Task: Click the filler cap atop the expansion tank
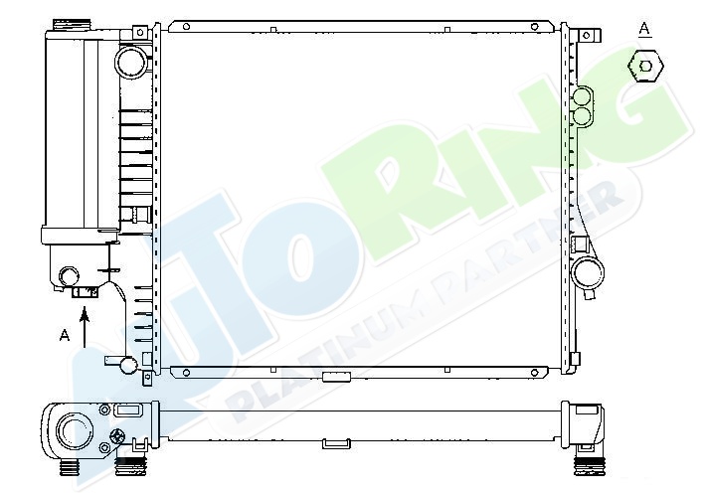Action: [72, 24]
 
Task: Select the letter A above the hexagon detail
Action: [644, 29]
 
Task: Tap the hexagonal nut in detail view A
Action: [645, 67]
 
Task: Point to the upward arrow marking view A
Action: [85, 327]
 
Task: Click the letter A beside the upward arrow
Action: [65, 335]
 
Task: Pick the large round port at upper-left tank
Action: [131, 61]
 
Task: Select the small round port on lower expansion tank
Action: [70, 276]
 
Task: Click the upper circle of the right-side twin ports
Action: [582, 96]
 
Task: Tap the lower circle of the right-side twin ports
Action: [583, 115]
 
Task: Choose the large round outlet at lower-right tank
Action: [588, 272]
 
